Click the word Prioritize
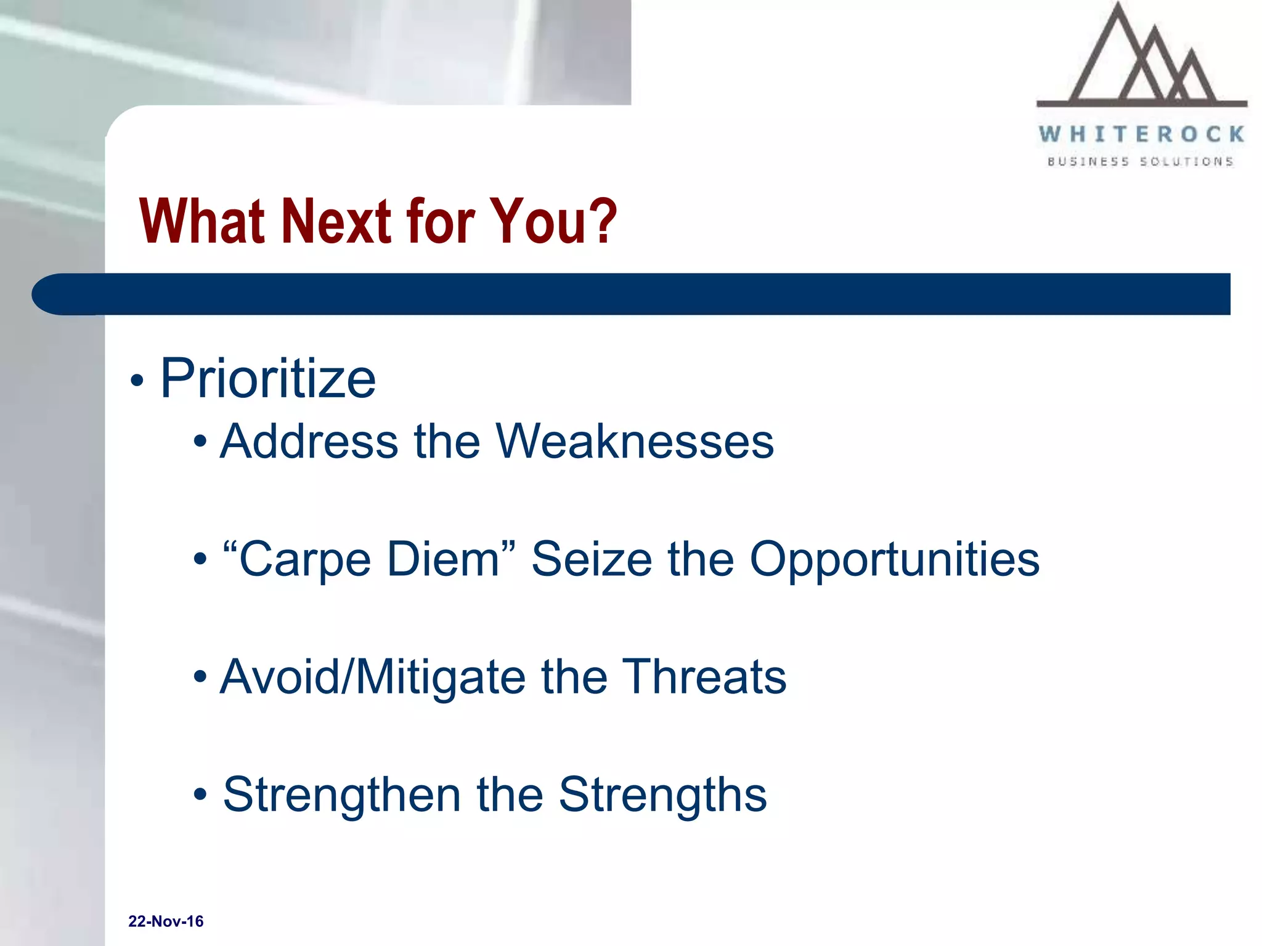point(267,379)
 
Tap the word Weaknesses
point(635,442)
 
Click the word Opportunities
point(894,559)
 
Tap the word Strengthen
point(341,794)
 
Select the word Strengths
point(662,794)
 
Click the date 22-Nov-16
point(166,921)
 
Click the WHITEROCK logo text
point(1141,134)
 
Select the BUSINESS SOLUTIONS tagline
point(1140,161)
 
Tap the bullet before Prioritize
point(137,381)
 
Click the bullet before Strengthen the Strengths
point(200,795)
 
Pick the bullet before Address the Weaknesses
point(200,442)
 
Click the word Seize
point(591,559)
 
